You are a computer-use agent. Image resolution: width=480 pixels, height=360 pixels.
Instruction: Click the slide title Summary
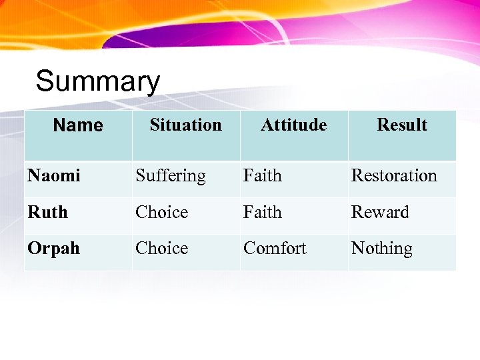98,82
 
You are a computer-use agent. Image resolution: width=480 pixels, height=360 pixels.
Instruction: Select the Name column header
78,125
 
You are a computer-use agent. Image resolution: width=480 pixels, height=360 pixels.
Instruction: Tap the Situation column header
185,125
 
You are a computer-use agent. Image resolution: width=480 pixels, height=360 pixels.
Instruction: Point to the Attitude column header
293,125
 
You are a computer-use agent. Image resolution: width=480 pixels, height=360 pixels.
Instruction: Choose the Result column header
401,125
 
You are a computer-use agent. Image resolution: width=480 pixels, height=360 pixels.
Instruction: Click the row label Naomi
54,176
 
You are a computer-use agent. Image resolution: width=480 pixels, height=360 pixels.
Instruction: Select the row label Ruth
47,212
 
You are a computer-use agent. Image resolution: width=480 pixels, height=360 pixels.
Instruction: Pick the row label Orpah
53,249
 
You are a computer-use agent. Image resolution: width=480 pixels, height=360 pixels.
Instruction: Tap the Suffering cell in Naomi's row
171,176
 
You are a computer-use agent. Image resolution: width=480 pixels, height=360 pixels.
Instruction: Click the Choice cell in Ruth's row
162,212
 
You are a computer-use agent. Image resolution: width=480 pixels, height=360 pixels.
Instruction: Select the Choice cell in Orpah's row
162,248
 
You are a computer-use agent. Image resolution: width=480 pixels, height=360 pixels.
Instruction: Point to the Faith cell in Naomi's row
263,176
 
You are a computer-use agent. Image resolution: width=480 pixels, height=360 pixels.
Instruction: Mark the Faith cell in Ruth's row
263,212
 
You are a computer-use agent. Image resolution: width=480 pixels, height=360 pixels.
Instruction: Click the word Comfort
275,248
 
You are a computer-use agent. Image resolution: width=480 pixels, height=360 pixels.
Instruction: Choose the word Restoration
394,176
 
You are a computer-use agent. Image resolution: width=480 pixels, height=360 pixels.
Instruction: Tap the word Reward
380,212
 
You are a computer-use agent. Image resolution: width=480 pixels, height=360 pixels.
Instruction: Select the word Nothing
382,249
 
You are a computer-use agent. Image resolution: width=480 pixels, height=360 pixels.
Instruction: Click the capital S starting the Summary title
45,82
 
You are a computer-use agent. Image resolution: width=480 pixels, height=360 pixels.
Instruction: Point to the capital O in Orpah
33,248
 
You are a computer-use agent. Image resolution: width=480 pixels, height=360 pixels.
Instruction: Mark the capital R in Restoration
357,176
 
